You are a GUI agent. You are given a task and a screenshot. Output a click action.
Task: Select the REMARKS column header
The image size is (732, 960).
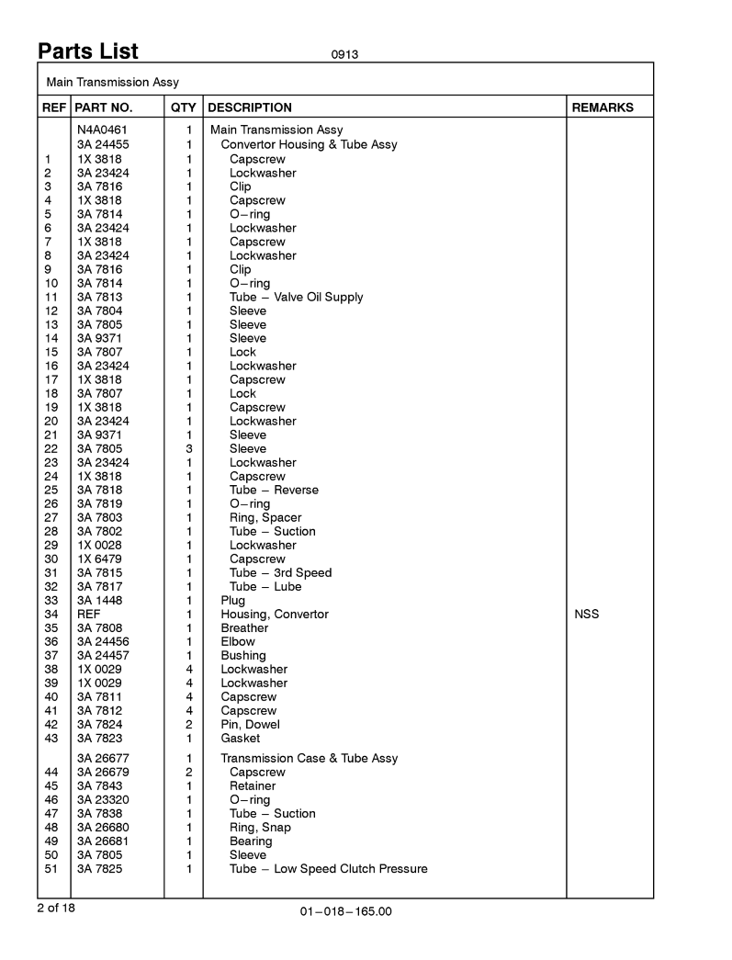point(602,107)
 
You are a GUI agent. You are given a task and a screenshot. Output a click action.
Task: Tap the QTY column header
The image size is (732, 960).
point(184,107)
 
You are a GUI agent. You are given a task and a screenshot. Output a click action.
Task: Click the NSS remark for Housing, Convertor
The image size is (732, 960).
point(586,615)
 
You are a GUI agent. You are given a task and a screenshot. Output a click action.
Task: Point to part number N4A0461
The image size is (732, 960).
point(102,130)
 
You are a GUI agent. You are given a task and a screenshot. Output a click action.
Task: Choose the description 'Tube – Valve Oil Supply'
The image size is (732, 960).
point(296,297)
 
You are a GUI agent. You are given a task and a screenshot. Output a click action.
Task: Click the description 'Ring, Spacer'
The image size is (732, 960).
point(265,517)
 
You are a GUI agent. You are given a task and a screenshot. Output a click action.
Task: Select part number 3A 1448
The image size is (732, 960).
point(99,601)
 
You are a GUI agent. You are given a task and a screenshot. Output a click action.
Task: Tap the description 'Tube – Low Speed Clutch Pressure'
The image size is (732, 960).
point(328,869)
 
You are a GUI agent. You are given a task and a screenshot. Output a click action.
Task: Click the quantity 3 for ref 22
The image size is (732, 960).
point(188,448)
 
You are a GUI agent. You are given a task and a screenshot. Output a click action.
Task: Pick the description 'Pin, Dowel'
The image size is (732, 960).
point(250,725)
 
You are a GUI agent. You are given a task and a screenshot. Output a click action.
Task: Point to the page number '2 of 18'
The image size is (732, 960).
point(58,908)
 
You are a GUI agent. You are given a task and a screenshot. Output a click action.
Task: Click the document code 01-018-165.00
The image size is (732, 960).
point(345,912)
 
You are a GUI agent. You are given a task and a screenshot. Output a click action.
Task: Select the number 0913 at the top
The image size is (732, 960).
point(344,54)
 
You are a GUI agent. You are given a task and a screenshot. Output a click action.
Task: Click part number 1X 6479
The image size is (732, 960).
point(99,559)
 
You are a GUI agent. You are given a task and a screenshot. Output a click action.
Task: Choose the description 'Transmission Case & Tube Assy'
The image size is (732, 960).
point(309,759)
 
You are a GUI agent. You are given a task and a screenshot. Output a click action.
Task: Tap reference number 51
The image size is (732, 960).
point(51,869)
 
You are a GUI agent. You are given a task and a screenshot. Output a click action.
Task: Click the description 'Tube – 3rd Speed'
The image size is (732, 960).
point(280,572)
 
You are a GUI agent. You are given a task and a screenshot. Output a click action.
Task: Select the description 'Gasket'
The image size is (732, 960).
point(240,739)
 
